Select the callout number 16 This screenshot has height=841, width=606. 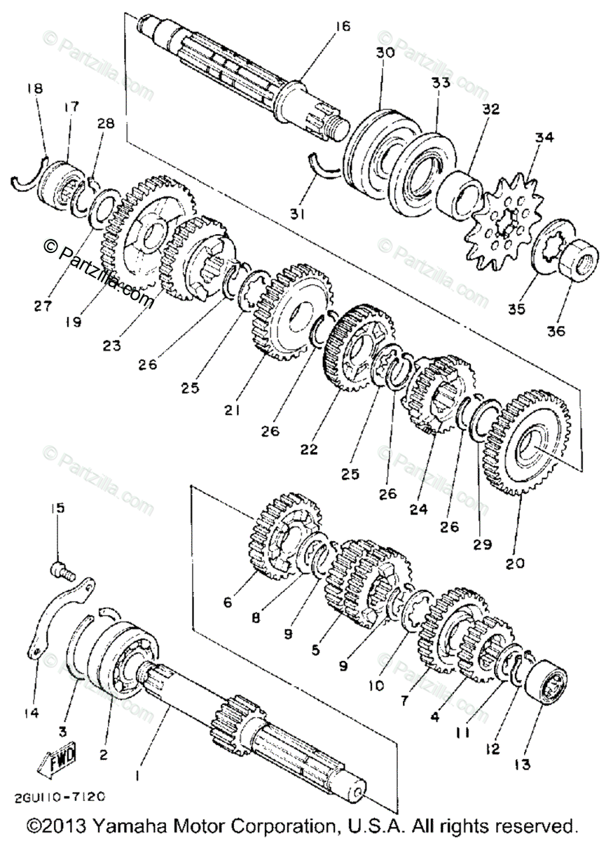pyautogui.click(x=341, y=27)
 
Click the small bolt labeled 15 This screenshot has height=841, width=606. pyautogui.click(x=61, y=571)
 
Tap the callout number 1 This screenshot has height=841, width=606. pyautogui.click(x=137, y=776)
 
